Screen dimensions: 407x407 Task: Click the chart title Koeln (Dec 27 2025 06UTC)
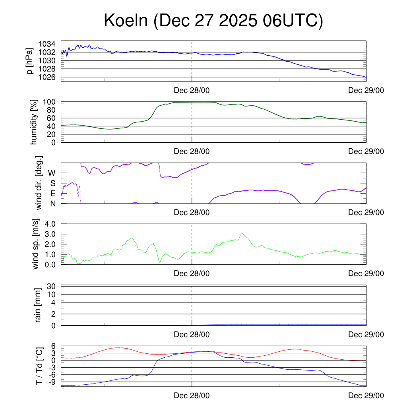(x=213, y=21)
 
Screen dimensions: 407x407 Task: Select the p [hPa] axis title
(x=29, y=61)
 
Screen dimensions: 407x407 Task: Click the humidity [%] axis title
(x=34, y=122)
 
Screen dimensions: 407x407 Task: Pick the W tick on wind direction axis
(x=52, y=173)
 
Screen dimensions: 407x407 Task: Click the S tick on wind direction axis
(x=53, y=183)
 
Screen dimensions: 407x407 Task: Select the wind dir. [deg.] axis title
(x=39, y=183)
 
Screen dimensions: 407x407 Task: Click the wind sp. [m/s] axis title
(x=36, y=244)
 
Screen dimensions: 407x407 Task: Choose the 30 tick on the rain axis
(x=51, y=286)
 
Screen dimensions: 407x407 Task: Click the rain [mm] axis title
(x=39, y=306)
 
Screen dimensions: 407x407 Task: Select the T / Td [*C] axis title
(x=39, y=366)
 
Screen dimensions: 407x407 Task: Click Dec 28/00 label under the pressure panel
(x=192, y=91)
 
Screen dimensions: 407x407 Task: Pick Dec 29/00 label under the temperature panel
(x=366, y=396)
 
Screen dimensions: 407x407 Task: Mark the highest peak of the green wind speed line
(x=242, y=233)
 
